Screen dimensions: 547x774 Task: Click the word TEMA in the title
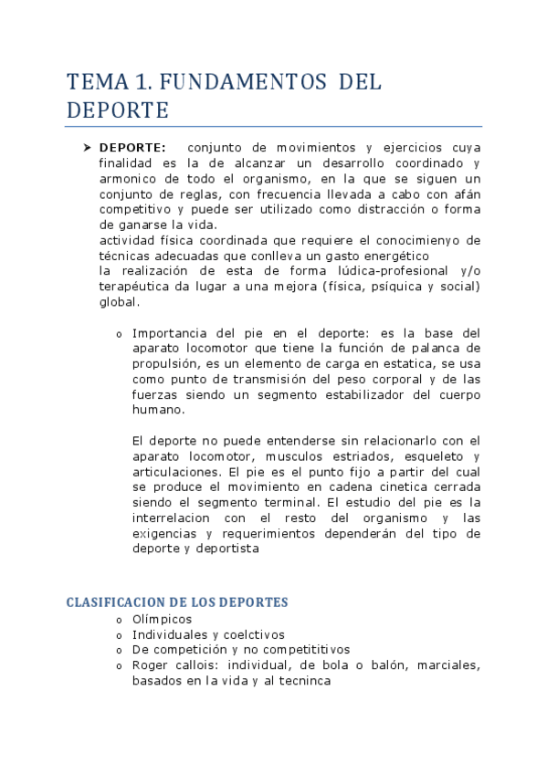[97, 82]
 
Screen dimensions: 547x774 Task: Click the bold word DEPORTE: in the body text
[132, 148]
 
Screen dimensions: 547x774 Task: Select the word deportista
[227, 549]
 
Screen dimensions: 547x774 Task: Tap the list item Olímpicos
[162, 619]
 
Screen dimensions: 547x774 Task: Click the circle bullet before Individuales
[119, 635]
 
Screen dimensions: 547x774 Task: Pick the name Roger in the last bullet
[152, 665]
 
